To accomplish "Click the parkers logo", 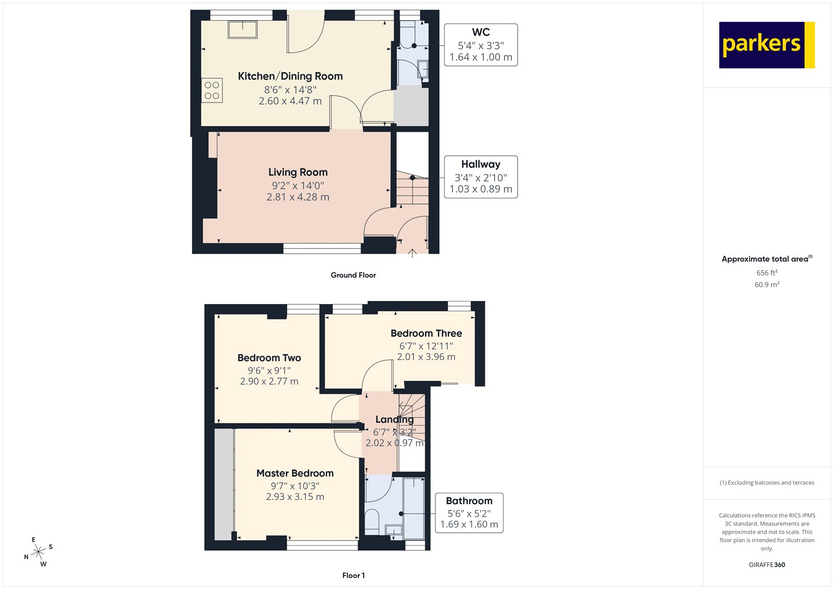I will (766, 45).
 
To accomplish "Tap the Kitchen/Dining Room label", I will (290, 76).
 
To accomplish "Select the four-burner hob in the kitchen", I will (212, 90).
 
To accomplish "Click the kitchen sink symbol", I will (242, 29).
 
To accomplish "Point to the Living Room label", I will (298, 172).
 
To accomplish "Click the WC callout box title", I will (481, 32).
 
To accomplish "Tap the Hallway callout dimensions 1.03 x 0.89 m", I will (481, 189).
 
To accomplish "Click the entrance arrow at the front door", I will (412, 253).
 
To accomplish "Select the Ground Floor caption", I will (353, 275).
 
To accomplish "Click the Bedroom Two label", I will (269, 358).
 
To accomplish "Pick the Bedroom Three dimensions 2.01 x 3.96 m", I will (426, 357).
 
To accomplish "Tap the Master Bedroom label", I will (295, 473).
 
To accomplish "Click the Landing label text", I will (395, 419).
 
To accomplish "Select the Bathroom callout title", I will (469, 501).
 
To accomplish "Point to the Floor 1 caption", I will (353, 575).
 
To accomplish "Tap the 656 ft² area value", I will (767, 273).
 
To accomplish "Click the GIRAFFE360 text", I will (767, 565).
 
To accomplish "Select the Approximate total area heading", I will (765, 259).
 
